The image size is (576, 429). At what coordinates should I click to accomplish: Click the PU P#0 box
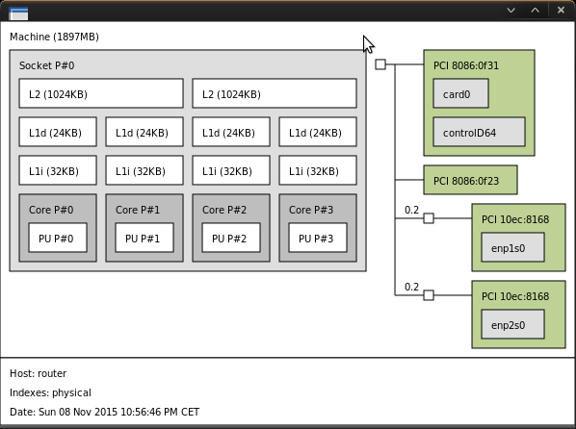[58, 238]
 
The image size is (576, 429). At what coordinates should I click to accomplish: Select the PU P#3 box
[318, 238]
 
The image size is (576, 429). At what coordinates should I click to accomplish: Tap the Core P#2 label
[224, 210]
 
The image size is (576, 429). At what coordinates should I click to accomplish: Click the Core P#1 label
[138, 210]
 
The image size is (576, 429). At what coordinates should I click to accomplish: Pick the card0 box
[461, 93]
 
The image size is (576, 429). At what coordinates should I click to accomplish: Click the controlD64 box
[480, 132]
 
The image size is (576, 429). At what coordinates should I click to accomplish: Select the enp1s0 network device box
[513, 248]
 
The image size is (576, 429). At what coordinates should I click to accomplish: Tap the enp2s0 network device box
[513, 325]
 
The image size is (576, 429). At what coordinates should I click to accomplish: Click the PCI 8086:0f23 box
[471, 180]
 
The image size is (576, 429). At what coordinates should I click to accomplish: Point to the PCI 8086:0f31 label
[466, 65]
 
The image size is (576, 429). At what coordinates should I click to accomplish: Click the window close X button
[561, 10]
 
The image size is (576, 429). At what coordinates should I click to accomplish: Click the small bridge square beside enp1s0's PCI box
[429, 218]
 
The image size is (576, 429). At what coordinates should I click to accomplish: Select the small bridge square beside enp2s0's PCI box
[429, 295]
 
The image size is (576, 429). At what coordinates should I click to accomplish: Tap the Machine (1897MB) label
[54, 38]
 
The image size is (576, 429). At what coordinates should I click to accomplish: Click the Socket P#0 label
[46, 65]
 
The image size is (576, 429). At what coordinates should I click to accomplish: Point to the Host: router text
[39, 373]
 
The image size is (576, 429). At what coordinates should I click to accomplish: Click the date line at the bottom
[104, 412]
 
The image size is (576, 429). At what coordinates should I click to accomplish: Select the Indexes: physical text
[50, 392]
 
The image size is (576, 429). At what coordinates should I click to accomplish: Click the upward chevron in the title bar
[536, 10]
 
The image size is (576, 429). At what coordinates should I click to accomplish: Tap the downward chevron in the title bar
[511, 11]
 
